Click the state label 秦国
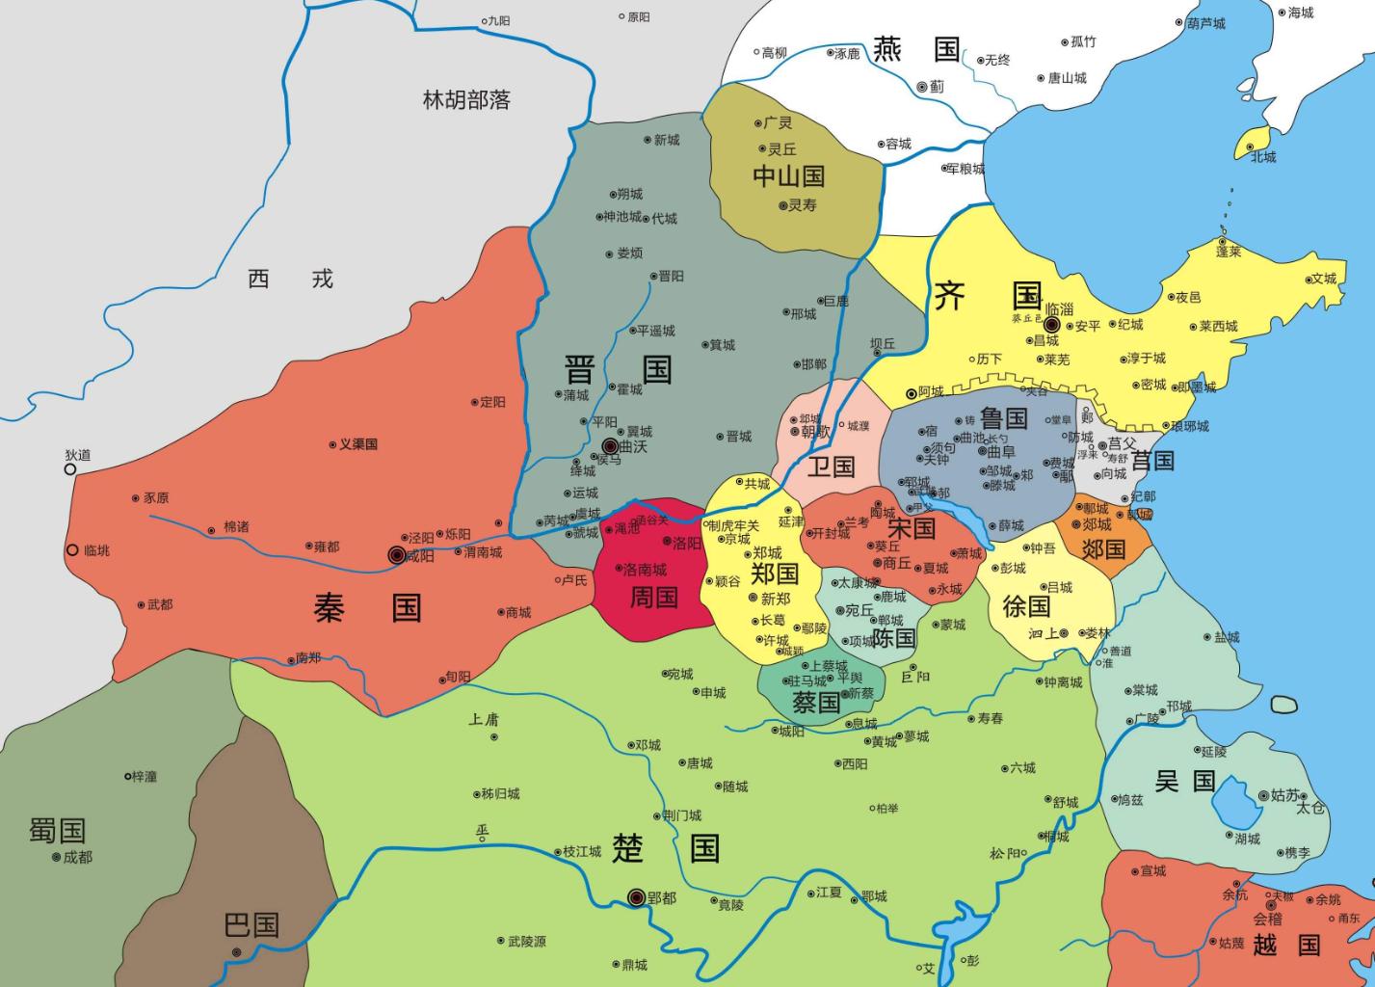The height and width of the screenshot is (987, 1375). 367,608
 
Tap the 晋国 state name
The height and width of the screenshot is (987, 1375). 617,369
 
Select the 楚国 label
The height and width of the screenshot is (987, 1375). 666,848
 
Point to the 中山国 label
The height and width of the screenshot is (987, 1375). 788,176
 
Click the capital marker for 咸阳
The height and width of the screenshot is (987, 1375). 396,554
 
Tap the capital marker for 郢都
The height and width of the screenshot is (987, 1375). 636,897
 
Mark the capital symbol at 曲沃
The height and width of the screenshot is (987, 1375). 610,446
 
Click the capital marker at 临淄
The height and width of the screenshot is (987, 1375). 1051,325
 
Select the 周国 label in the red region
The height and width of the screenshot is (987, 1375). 653,598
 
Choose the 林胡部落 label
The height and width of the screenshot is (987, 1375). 466,99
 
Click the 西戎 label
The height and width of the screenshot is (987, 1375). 290,280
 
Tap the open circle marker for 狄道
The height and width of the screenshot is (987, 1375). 70,469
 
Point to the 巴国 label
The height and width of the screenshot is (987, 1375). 251,925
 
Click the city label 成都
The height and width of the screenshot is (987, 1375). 77,857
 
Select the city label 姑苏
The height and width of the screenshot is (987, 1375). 1285,795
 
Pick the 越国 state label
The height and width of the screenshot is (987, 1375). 1285,945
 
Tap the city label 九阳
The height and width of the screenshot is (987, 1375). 498,20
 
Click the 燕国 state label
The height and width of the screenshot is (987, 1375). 916,49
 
